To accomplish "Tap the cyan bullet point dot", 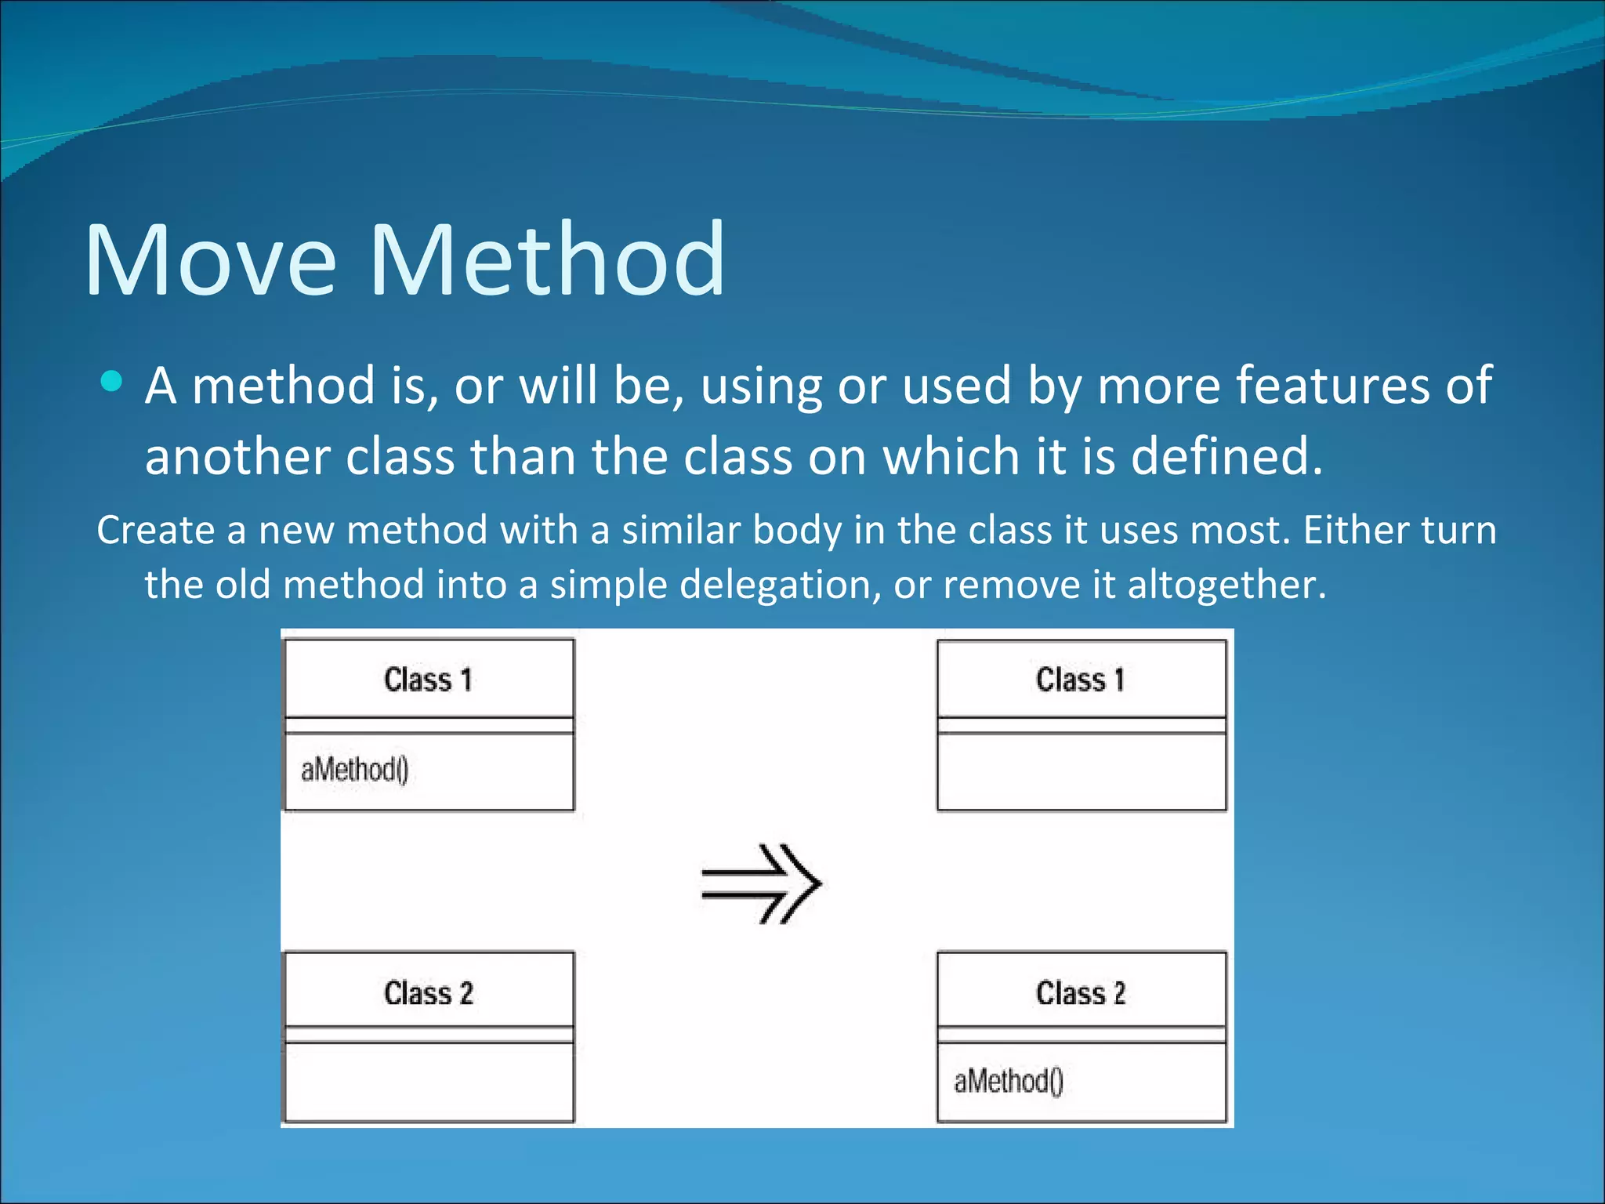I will tap(112, 382).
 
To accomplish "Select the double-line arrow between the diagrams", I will tap(760, 883).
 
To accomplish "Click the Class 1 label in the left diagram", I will tap(428, 680).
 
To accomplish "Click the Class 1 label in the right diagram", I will tap(1080, 680).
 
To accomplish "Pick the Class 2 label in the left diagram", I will tap(428, 993).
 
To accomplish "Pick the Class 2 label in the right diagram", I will tap(1080, 993).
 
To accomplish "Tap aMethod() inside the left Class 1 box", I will tap(354, 770).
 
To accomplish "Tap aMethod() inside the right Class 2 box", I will tap(1008, 1082).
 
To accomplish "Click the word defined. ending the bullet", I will tap(1226, 456).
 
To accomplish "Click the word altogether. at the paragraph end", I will tap(1226, 585).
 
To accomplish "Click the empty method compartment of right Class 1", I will tap(1081, 771).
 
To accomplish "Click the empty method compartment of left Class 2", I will tap(429, 1082).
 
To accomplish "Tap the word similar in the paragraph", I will tap(680, 530).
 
